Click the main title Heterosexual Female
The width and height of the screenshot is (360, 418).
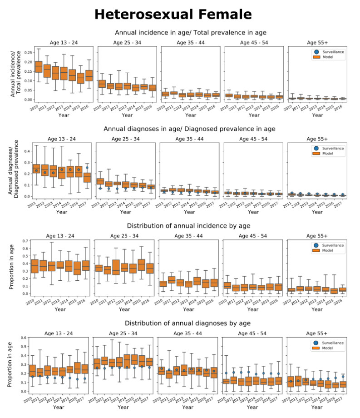pos(173,15)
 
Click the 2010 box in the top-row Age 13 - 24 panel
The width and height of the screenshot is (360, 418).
pos(39,66)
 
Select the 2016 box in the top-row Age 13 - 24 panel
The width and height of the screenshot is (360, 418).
pos(89,76)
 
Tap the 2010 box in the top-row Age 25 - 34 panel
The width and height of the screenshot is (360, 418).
pos(102,84)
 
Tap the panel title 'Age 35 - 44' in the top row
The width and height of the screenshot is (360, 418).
pos(191,43)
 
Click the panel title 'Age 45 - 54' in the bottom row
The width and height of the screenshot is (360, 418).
pos(253,333)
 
